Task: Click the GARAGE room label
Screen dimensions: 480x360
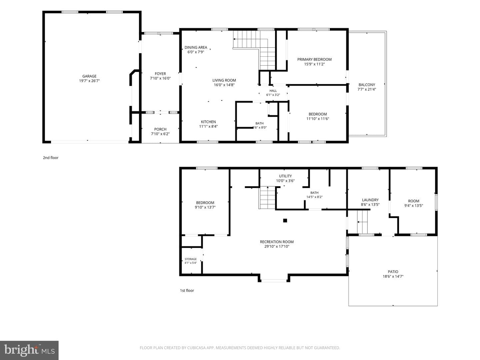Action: tap(89, 76)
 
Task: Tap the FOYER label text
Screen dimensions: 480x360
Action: tap(160, 74)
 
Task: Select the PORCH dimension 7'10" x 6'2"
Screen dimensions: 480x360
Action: tap(160, 134)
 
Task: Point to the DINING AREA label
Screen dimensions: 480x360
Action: tap(196, 47)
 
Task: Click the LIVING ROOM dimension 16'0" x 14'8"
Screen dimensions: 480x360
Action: tap(224, 85)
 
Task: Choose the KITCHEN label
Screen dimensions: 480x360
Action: tap(208, 122)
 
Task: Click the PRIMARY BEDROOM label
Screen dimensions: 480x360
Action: tap(314, 59)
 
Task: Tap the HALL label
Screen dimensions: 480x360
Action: tap(273, 91)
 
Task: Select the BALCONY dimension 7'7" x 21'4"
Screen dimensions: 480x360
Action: tap(367, 89)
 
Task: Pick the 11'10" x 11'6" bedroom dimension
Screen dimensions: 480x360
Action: tap(318, 119)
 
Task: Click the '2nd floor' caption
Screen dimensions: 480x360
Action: tap(51, 158)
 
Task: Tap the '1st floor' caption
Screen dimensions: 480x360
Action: tap(187, 290)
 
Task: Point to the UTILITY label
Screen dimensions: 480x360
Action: tap(285, 176)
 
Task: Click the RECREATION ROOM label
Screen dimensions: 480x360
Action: tap(277, 242)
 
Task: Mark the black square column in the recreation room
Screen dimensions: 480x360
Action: tap(285, 221)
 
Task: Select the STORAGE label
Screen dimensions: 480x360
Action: tap(190, 259)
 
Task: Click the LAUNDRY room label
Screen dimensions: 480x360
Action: tap(370, 200)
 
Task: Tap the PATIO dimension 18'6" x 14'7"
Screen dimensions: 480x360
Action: tap(393, 276)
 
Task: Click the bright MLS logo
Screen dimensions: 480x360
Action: tap(29, 350)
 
